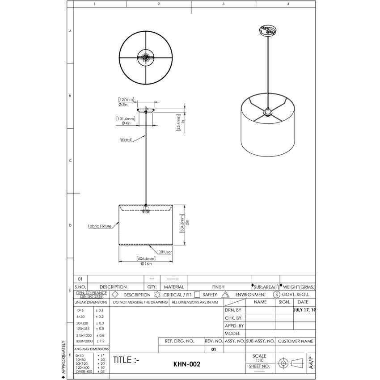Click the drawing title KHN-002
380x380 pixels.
pos(186,364)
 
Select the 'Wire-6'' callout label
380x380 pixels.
pos(126,139)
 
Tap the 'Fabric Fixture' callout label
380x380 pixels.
pos(99,226)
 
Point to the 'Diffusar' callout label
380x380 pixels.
pos(165,252)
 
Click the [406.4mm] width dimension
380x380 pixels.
pos(146,258)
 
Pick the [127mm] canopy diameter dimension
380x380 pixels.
pos(126,99)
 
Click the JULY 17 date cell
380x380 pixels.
pos(304,310)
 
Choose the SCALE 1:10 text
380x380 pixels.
pos(259,358)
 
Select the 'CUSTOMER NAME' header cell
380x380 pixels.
pos(296,341)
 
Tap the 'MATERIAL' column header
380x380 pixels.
pos(173,287)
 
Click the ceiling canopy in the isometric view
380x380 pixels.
pos(267,31)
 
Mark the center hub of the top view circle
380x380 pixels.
pos(146,57)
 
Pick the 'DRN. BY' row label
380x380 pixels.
pos(233,310)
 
